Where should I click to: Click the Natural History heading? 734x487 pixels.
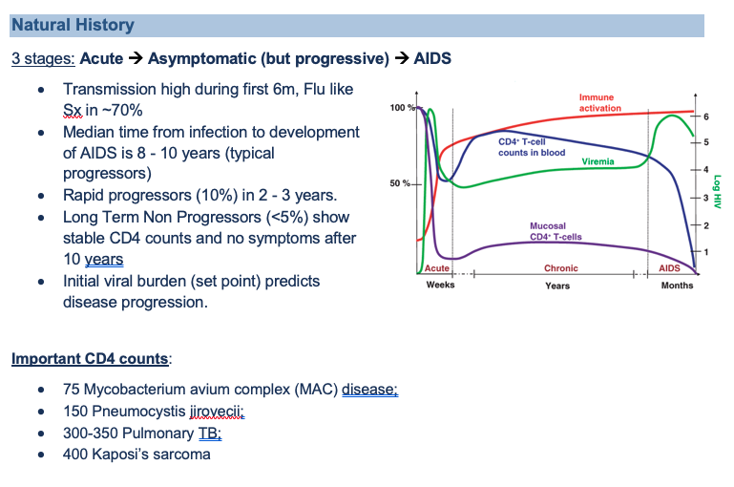click(74, 26)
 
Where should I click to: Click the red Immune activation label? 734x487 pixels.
click(597, 102)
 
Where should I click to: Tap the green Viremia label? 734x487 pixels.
click(598, 162)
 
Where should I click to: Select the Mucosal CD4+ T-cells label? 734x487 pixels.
click(556, 232)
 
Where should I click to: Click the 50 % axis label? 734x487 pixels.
click(402, 182)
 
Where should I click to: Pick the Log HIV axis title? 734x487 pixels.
click(717, 187)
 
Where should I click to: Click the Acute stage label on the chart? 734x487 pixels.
click(437, 268)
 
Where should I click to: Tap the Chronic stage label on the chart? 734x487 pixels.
click(560, 268)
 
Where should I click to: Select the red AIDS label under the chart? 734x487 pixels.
click(670, 268)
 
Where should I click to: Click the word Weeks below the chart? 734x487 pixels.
click(440, 286)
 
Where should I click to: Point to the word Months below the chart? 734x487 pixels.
click(677, 286)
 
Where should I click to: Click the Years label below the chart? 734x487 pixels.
click(557, 286)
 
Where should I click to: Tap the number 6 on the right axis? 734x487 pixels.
click(706, 116)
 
